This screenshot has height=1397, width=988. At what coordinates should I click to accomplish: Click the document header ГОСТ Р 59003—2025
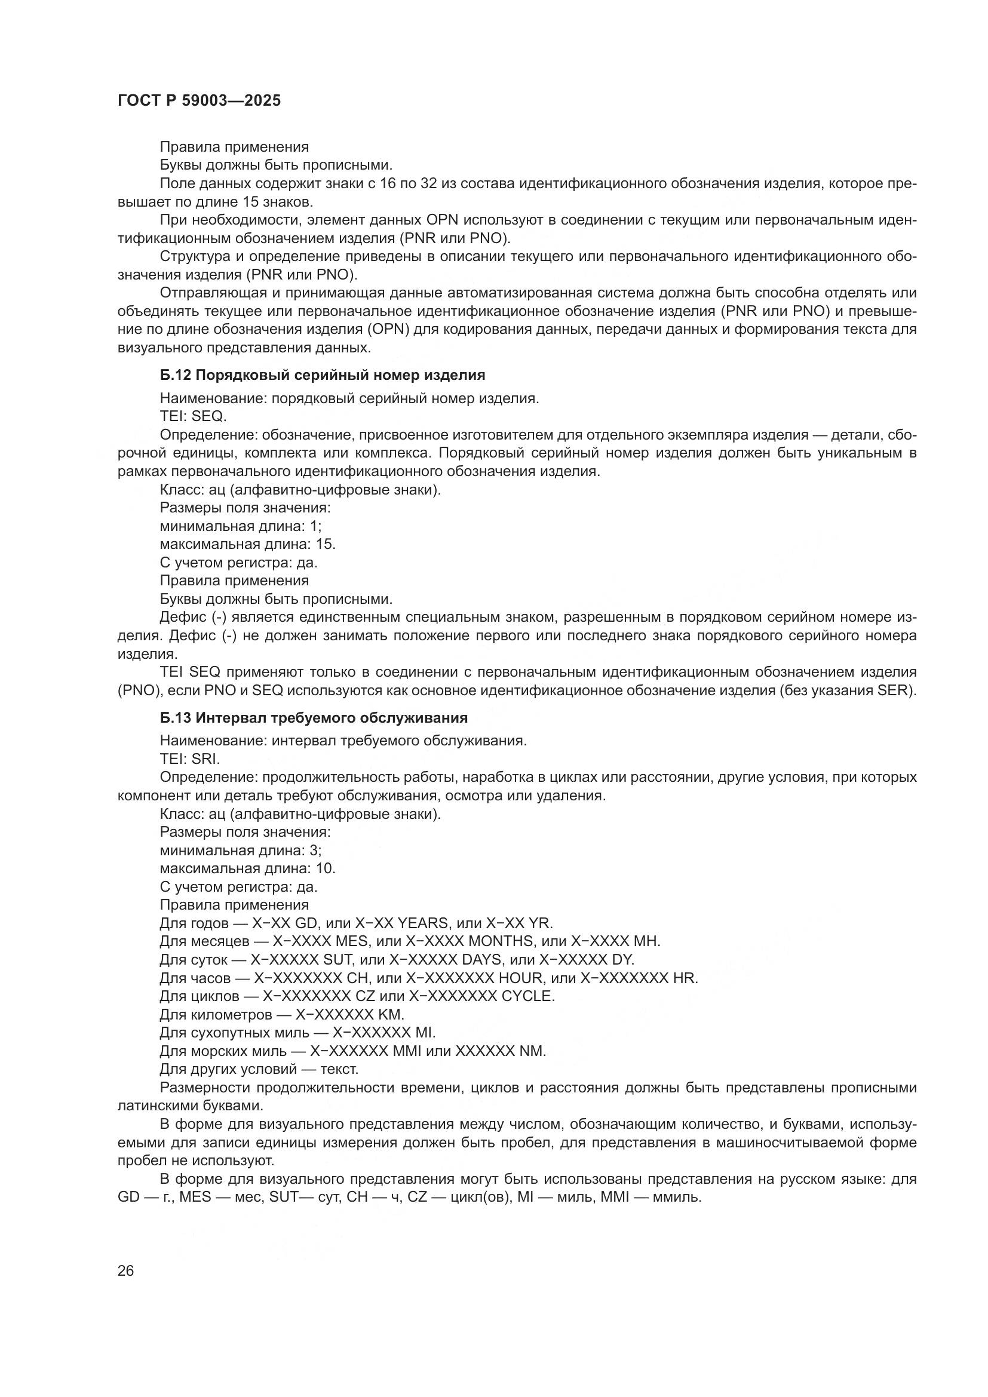click(x=199, y=100)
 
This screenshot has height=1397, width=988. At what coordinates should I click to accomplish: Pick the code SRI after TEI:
click(x=205, y=759)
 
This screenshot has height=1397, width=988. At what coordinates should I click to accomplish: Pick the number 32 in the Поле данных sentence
click(x=428, y=184)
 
